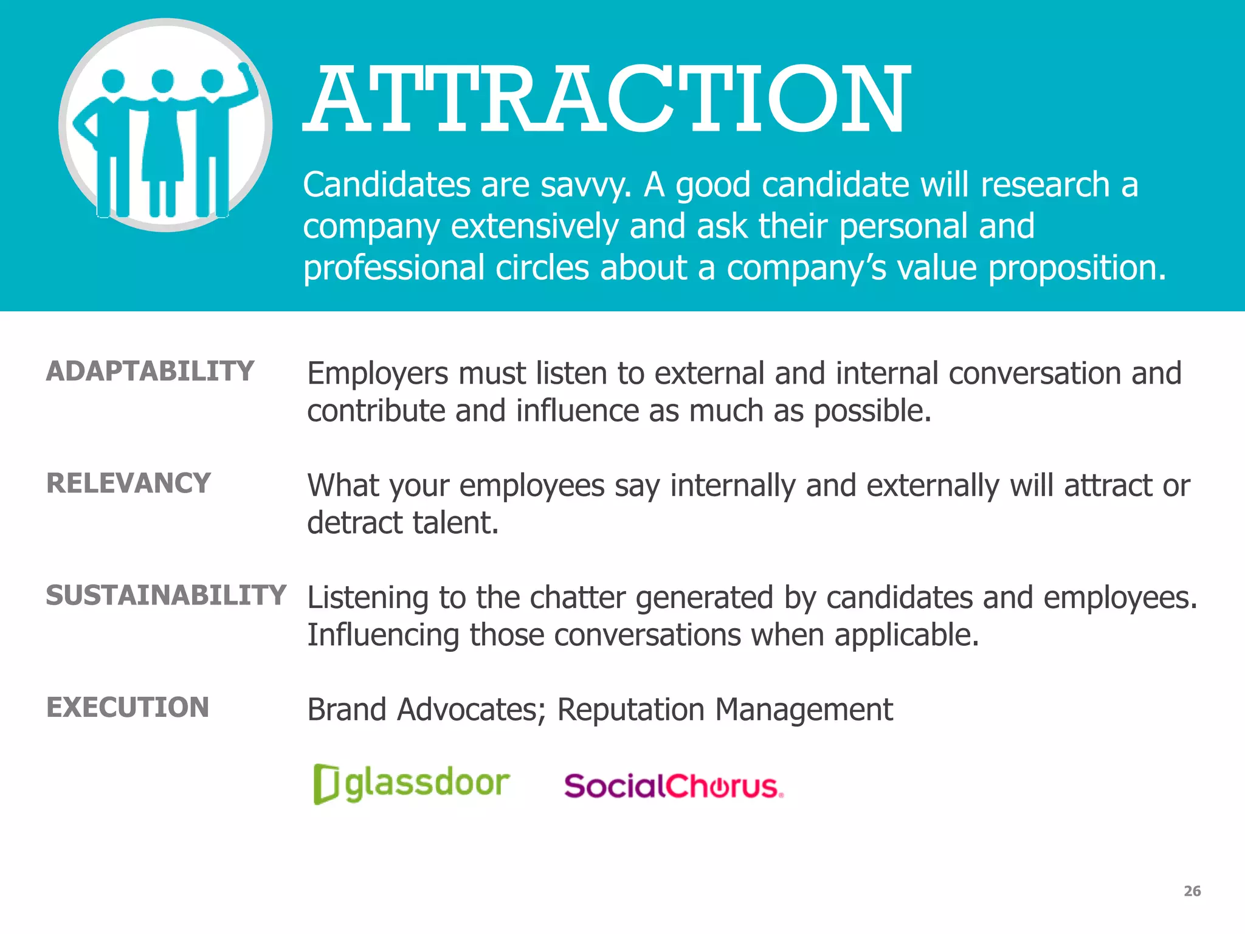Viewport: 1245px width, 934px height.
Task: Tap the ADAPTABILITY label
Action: (x=150, y=372)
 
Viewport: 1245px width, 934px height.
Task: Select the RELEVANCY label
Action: (x=129, y=483)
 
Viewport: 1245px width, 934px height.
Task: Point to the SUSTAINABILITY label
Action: (x=166, y=595)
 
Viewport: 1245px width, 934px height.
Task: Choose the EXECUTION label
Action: (x=128, y=707)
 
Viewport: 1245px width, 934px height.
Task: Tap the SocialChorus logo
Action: (x=674, y=786)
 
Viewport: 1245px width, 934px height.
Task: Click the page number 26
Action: (x=1192, y=891)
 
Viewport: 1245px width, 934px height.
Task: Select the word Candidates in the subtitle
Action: (x=387, y=185)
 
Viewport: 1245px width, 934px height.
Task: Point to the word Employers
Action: (x=378, y=374)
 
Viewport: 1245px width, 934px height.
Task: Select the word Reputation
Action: (x=630, y=710)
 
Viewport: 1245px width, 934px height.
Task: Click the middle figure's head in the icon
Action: (x=163, y=81)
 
